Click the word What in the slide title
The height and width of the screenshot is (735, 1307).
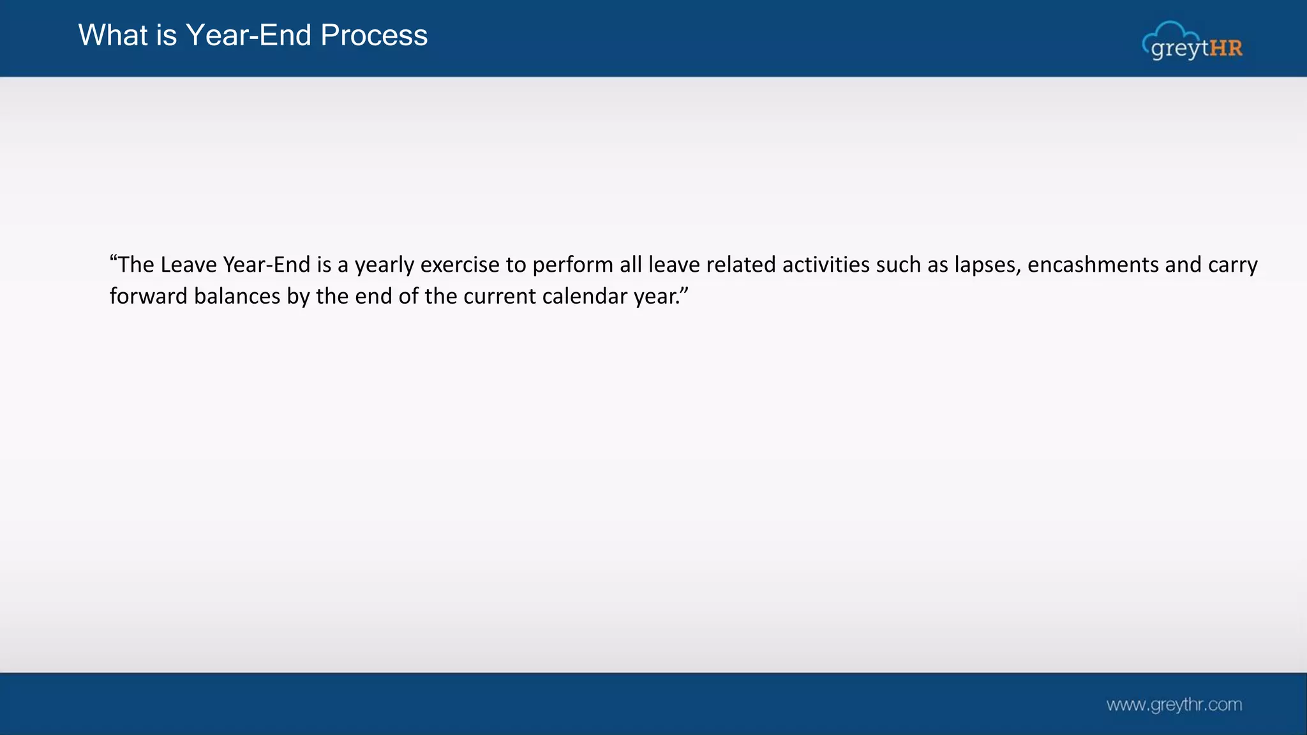(x=113, y=35)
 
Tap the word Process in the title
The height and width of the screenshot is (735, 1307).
(x=374, y=35)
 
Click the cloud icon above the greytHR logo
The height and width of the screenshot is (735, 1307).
(x=1171, y=32)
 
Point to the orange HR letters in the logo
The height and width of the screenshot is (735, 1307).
(x=1226, y=48)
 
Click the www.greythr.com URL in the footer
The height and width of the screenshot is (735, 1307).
(x=1174, y=705)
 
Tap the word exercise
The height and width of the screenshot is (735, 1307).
(x=459, y=265)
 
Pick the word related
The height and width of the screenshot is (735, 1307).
(x=740, y=265)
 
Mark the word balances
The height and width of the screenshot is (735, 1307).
(x=237, y=297)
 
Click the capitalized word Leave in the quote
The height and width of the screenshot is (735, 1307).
(x=188, y=265)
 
